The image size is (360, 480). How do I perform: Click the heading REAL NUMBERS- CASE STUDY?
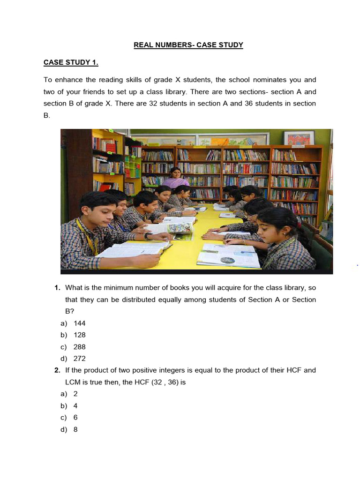[188, 45]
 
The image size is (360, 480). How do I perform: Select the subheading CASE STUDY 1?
[71, 63]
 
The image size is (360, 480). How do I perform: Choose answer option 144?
[79, 323]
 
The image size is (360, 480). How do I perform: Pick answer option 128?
[79, 335]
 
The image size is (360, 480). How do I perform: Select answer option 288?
[79, 347]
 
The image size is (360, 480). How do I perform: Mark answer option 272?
[79, 359]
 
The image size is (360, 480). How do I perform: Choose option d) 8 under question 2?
[75, 429]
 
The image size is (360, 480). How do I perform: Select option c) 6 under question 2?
[75, 418]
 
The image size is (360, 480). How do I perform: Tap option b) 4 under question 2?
[75, 406]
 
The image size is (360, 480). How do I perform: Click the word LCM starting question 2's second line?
[73, 382]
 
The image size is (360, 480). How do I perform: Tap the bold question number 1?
[57, 287]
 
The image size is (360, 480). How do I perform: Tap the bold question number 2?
[57, 370]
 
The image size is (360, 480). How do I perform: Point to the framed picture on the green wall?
[299, 138]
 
